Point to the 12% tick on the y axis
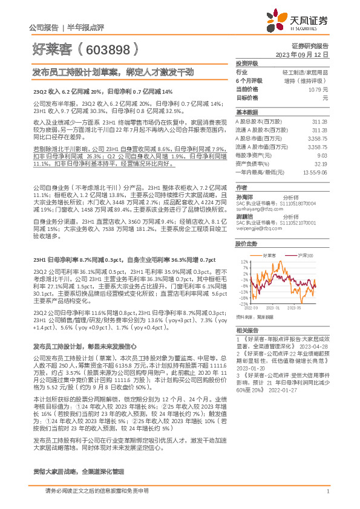(x=244, y=262)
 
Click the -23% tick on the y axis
(x=243, y=304)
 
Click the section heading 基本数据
(x=246, y=112)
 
